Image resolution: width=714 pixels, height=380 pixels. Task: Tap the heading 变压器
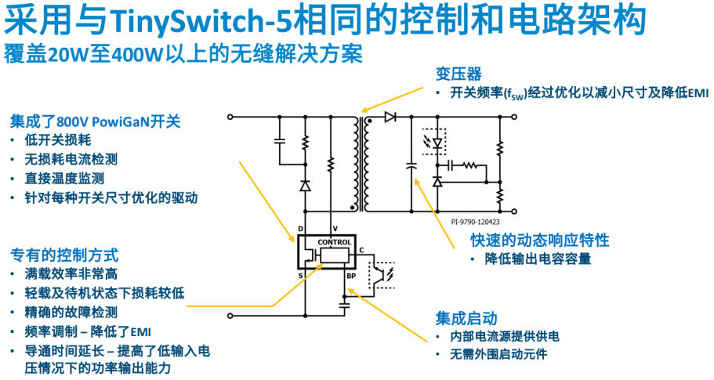[x=458, y=74]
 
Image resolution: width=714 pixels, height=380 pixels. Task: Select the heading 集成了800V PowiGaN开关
[x=95, y=121]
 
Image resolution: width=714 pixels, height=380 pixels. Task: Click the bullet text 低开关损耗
[x=58, y=140]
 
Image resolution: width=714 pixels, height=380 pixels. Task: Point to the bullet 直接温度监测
[x=65, y=179]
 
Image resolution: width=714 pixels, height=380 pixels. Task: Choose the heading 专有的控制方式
[x=64, y=255]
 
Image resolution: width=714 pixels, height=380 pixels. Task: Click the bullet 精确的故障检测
[x=71, y=312]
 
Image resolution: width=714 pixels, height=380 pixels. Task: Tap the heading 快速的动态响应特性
[x=539, y=240]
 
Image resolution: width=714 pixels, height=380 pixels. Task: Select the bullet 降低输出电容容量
[x=538, y=259]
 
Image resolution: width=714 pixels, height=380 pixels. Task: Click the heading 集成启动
[x=466, y=318]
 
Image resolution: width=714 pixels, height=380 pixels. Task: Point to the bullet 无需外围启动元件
[x=498, y=354]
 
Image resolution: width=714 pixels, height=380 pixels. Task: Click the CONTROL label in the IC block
[x=335, y=242]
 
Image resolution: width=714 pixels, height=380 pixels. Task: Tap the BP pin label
[x=351, y=276]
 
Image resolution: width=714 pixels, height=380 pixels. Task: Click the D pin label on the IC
[x=300, y=229]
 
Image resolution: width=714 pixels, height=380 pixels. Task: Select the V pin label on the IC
[x=335, y=229]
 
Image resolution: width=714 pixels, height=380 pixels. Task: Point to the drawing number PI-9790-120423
[x=476, y=222]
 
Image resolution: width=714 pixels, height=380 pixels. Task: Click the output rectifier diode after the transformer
[x=390, y=117]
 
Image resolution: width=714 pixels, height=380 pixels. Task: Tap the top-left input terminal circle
[x=230, y=117]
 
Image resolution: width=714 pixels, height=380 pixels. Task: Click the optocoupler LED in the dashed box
[x=437, y=143]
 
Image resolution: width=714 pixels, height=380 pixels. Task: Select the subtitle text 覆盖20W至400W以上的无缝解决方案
[x=183, y=55]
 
